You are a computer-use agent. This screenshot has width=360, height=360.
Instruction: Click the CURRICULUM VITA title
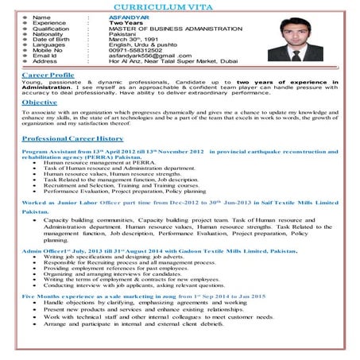[180, 6]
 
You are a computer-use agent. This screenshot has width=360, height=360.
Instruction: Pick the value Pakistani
[125, 33]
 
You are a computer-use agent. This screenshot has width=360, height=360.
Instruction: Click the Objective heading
[40, 103]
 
